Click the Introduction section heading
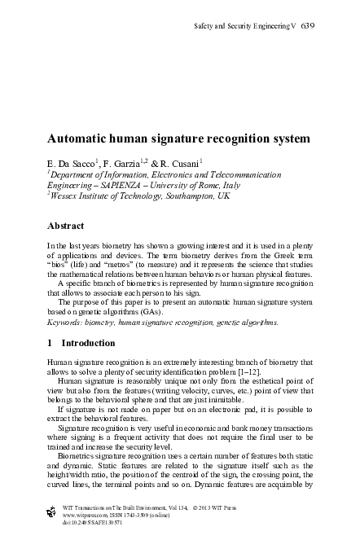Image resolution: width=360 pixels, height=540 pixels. [88, 345]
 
